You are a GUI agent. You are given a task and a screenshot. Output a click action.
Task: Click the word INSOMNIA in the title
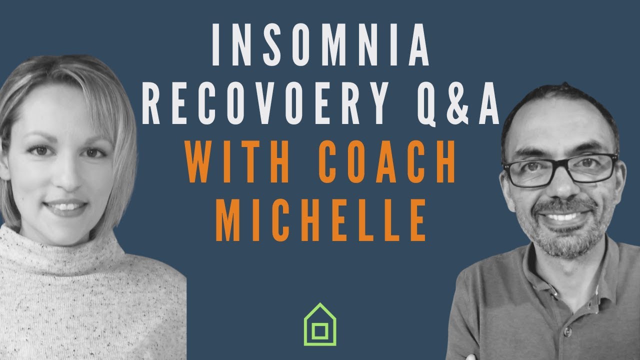[x=320, y=44]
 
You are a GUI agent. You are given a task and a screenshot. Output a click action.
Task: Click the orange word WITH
[x=236, y=161]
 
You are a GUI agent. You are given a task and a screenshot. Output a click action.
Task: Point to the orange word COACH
[x=386, y=161]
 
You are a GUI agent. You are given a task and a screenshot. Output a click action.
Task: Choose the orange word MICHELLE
[x=320, y=220]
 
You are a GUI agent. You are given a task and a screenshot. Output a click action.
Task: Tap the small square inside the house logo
[x=320, y=331]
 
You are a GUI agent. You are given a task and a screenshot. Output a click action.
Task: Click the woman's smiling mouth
[x=65, y=207]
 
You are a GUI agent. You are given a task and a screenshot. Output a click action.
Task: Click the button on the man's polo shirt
[x=567, y=332]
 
